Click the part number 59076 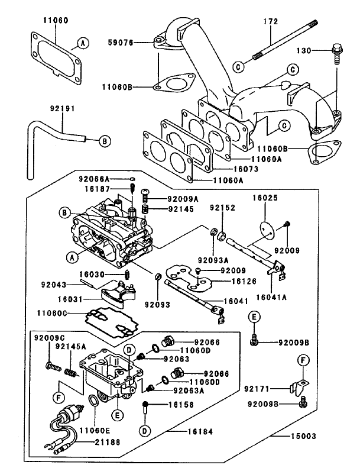121,43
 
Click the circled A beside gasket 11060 83,43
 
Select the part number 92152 221,209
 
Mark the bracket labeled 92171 299,389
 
